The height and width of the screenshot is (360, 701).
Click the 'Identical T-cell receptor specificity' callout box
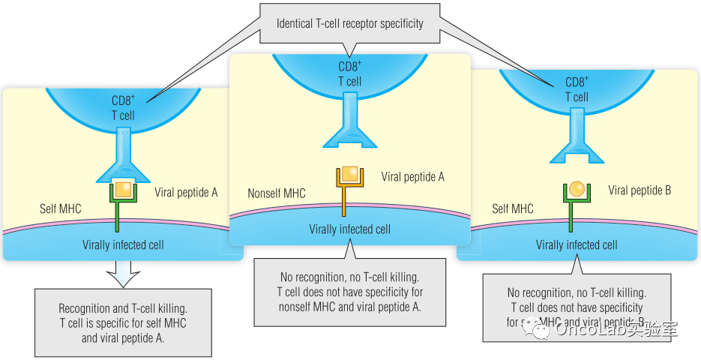point(349,23)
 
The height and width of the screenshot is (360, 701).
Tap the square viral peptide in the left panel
point(123,189)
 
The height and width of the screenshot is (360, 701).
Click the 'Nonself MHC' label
point(277,193)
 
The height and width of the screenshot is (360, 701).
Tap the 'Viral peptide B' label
point(640,190)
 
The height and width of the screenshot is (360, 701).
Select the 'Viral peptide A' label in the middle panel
point(412,177)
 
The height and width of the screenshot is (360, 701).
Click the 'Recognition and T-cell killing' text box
point(123,322)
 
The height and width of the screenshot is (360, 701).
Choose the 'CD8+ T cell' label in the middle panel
point(349,73)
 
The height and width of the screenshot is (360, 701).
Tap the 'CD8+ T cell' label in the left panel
point(123,108)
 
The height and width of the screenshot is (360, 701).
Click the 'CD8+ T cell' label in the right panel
point(577,89)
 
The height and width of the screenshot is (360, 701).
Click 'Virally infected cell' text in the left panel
point(123,244)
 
